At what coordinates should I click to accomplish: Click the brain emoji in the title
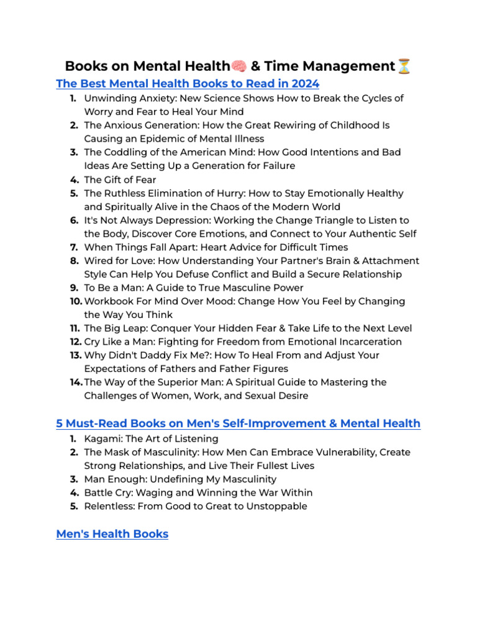tap(239, 66)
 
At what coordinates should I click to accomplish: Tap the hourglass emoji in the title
tap(404, 66)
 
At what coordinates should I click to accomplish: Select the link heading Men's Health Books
tap(112, 534)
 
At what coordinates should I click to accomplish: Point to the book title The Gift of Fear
tap(120, 179)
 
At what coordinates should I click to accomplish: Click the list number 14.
tap(76, 382)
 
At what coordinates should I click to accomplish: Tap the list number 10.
tap(76, 301)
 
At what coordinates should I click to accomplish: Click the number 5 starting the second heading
tap(60, 424)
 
